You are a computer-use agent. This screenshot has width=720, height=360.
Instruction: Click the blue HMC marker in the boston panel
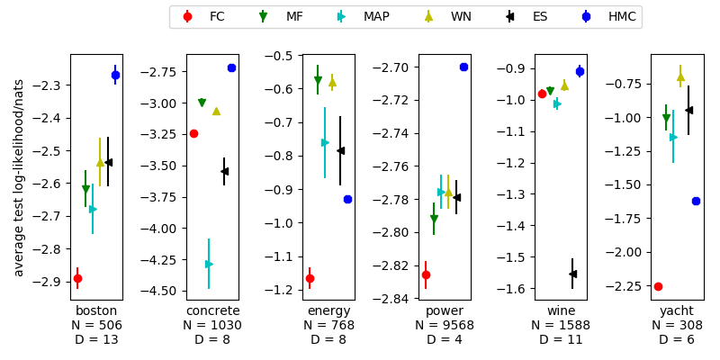[x=115, y=75]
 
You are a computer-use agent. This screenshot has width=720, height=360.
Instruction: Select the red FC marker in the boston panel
[x=77, y=278]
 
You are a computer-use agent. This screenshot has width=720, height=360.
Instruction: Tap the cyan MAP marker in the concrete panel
[x=209, y=264]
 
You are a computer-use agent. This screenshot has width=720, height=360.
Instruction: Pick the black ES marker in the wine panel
[x=572, y=274]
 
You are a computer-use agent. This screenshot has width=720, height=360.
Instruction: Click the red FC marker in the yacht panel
[x=658, y=286]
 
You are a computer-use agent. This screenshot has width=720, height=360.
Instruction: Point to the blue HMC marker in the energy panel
[x=347, y=199]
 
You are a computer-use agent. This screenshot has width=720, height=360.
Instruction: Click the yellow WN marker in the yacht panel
[x=680, y=76]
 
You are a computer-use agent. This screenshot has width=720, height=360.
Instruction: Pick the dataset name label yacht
[x=677, y=310]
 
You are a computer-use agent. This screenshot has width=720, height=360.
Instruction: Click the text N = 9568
[x=445, y=326]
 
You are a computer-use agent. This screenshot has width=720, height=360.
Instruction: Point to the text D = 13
[x=96, y=340]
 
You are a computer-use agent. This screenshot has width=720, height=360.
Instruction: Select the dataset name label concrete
[x=212, y=310]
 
